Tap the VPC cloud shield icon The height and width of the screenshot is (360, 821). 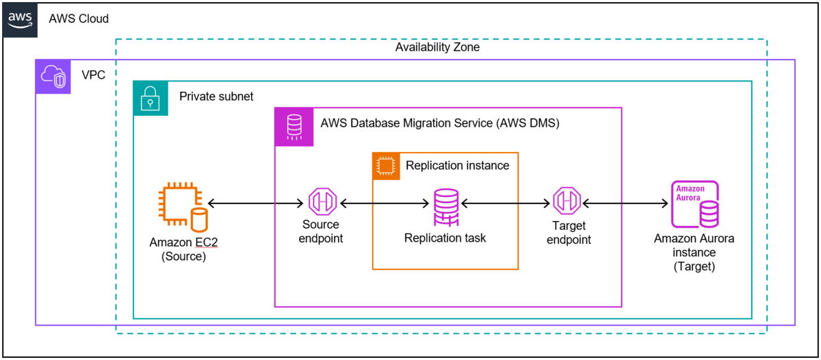[53, 77]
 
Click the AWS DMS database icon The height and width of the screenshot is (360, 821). [294, 127]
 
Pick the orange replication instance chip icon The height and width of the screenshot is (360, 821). [386, 166]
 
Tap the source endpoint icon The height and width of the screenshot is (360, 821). [321, 203]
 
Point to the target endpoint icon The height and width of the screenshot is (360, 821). [568, 203]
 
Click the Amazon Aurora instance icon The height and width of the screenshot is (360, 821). [694, 204]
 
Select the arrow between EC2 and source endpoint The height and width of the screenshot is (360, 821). [255, 203]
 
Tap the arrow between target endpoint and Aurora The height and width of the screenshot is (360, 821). [625, 203]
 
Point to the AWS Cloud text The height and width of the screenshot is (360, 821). [79, 19]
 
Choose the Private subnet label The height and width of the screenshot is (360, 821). [216, 97]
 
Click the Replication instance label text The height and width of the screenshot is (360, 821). [457, 165]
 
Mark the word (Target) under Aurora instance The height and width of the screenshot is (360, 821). [694, 267]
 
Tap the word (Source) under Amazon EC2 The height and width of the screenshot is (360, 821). [183, 257]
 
